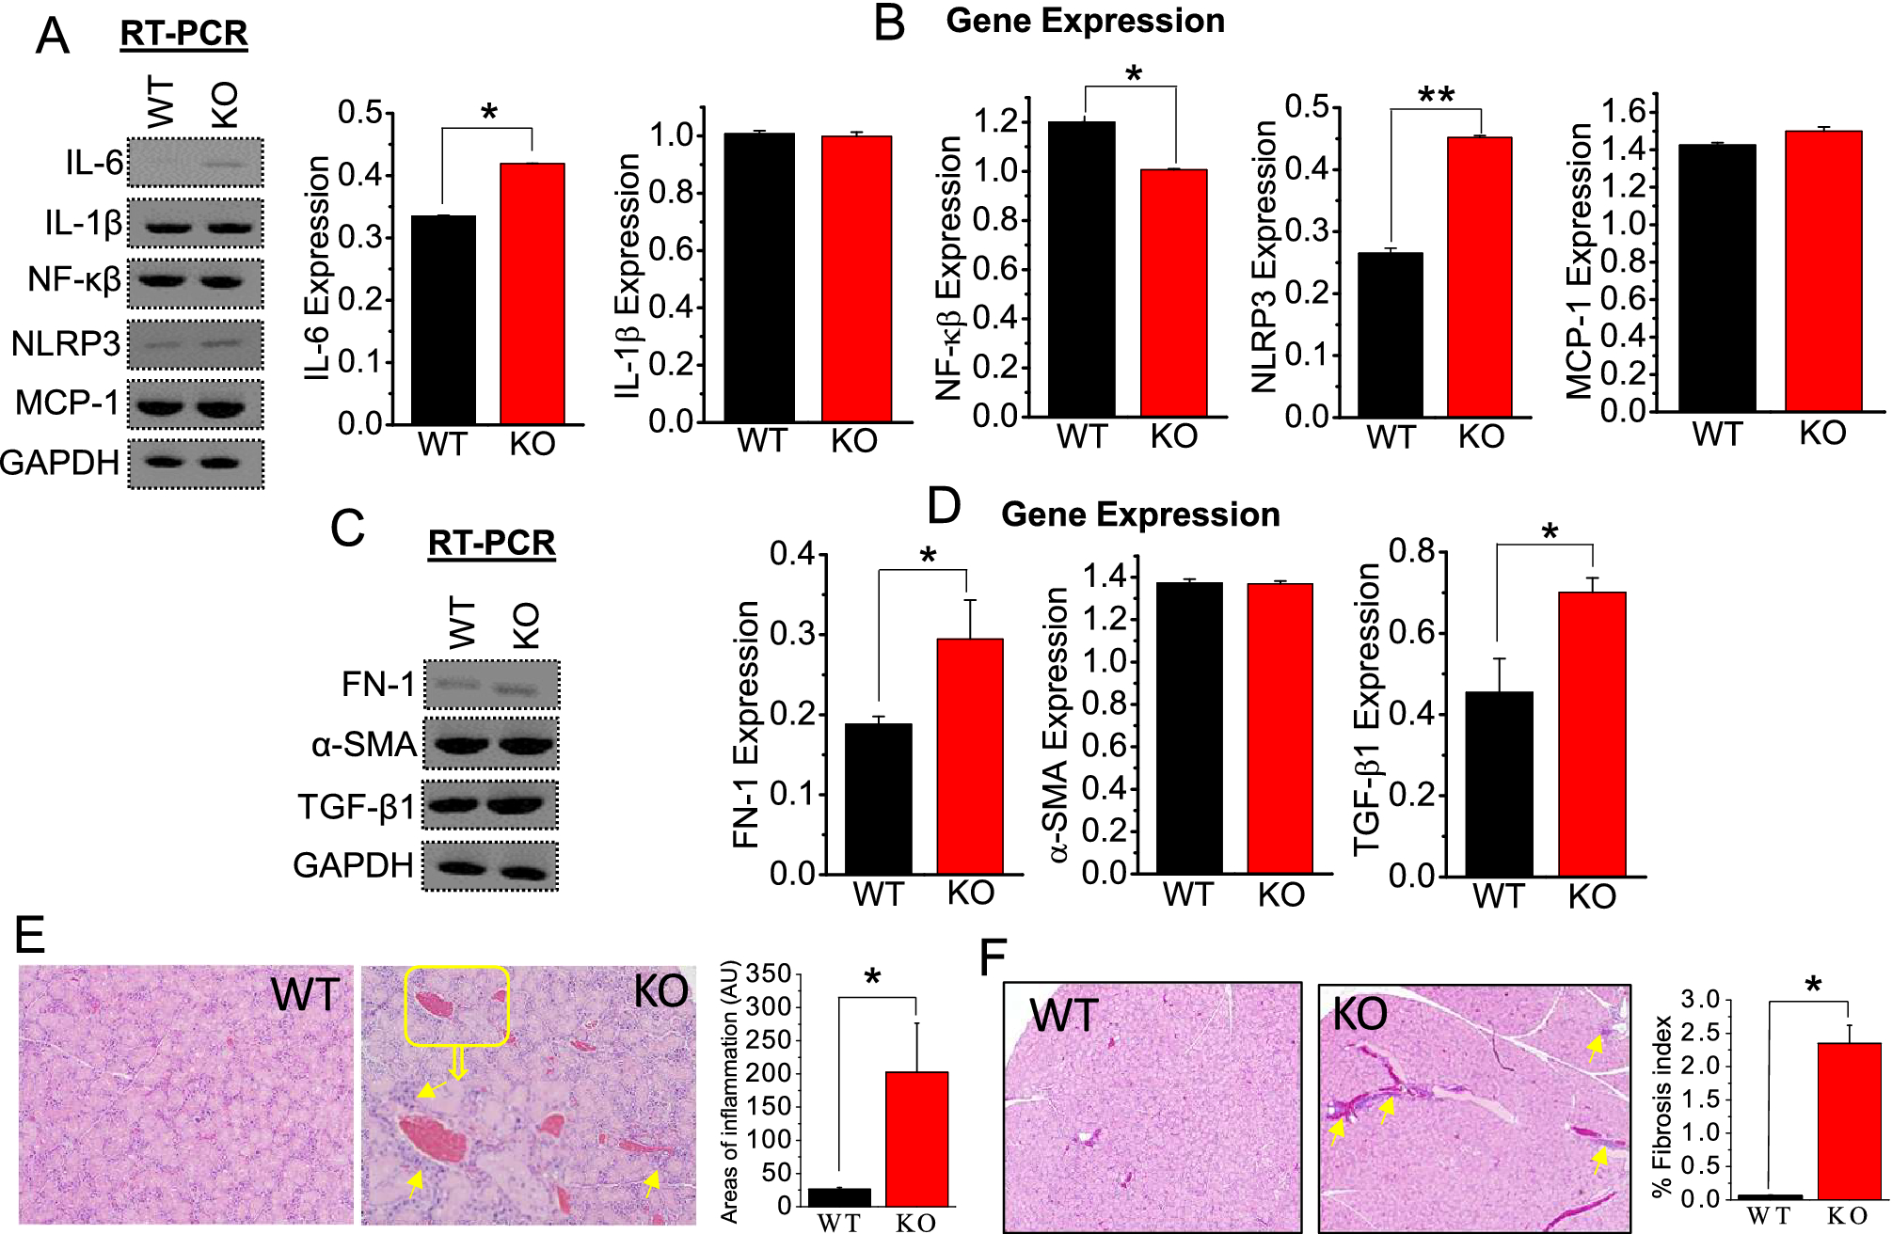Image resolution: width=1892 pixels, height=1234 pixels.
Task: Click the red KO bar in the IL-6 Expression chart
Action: [x=533, y=293]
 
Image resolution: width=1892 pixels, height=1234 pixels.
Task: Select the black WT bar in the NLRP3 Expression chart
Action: [x=1391, y=335]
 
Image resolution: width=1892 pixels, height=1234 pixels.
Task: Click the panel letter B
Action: [x=888, y=23]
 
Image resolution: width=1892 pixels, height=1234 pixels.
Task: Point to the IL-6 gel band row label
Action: [x=94, y=163]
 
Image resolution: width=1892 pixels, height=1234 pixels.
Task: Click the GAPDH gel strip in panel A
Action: [x=196, y=463]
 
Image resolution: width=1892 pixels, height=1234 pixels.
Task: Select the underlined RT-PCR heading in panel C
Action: [x=491, y=543]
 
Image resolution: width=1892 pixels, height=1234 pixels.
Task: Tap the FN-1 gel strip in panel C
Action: [x=491, y=685]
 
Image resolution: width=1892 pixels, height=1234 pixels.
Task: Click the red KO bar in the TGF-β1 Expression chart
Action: [x=1592, y=734]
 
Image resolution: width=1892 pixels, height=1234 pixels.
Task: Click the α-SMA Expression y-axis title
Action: [x=1057, y=724]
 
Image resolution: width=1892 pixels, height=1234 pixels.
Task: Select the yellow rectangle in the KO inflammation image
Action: [x=457, y=1006]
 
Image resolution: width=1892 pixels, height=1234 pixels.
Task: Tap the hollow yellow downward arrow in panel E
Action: [x=458, y=1063]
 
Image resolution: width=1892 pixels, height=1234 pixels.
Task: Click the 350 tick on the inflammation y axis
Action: [x=769, y=974]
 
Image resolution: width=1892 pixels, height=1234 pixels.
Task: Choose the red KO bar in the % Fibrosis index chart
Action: [x=1849, y=1120]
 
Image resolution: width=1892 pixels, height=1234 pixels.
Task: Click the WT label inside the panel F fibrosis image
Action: [x=1063, y=1016]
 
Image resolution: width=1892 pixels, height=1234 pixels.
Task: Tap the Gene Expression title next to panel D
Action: [x=1140, y=514]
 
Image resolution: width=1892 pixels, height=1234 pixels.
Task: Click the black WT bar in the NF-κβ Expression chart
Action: [x=1081, y=269]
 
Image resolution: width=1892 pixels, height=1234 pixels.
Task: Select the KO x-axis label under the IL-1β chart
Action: [x=853, y=441]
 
